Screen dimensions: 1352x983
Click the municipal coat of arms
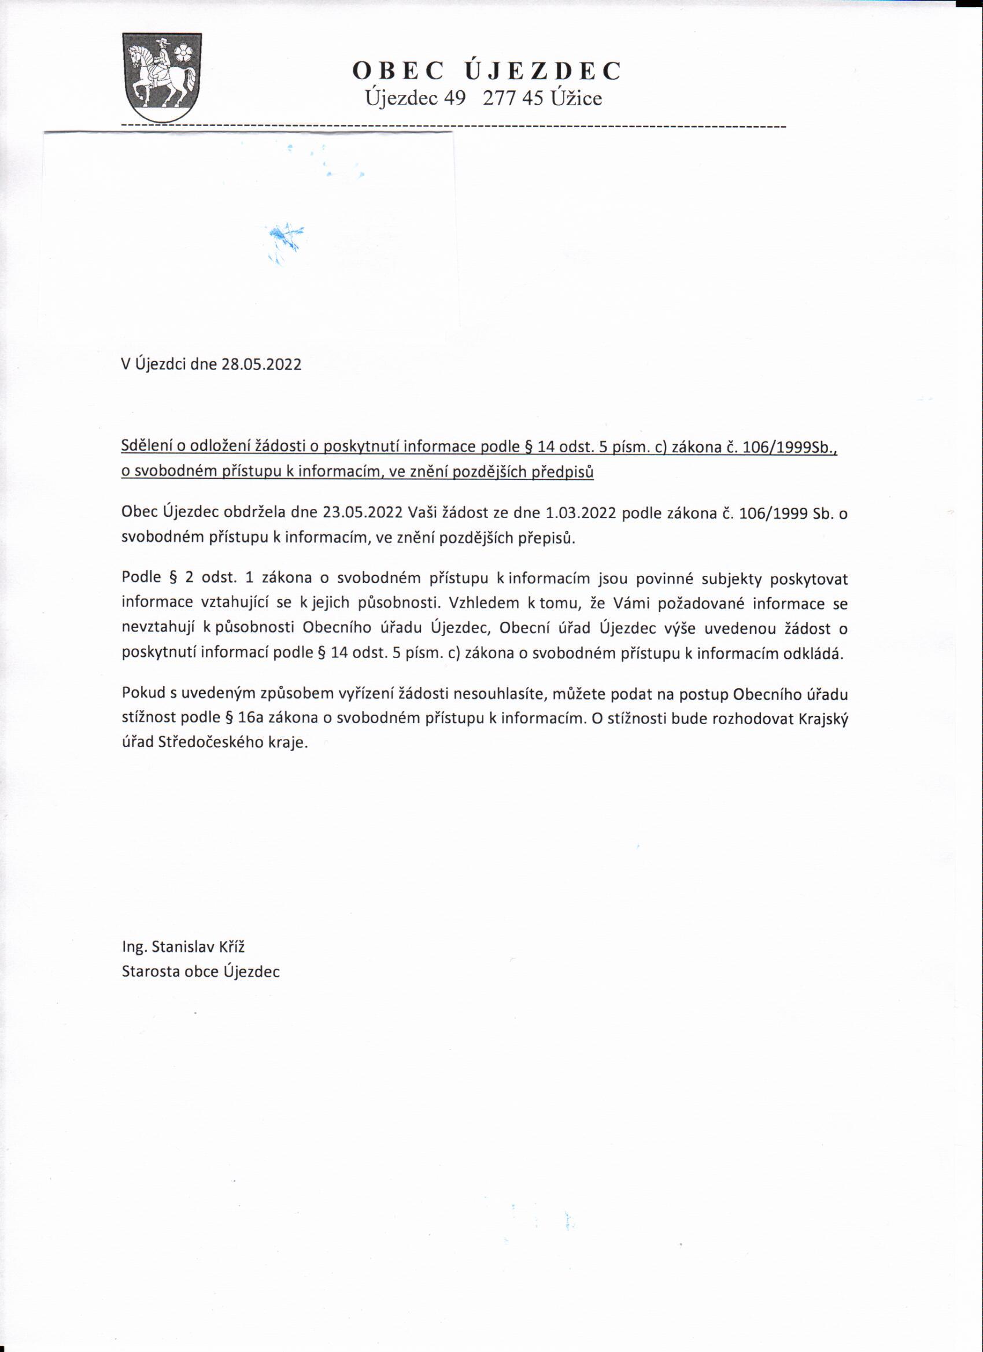(x=161, y=77)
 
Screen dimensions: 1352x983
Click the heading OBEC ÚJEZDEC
(x=486, y=71)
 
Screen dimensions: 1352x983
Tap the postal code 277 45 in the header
(x=513, y=98)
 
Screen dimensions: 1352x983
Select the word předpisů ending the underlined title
(x=563, y=471)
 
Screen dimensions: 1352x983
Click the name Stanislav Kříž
(x=198, y=947)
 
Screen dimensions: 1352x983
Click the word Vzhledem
(x=484, y=603)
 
